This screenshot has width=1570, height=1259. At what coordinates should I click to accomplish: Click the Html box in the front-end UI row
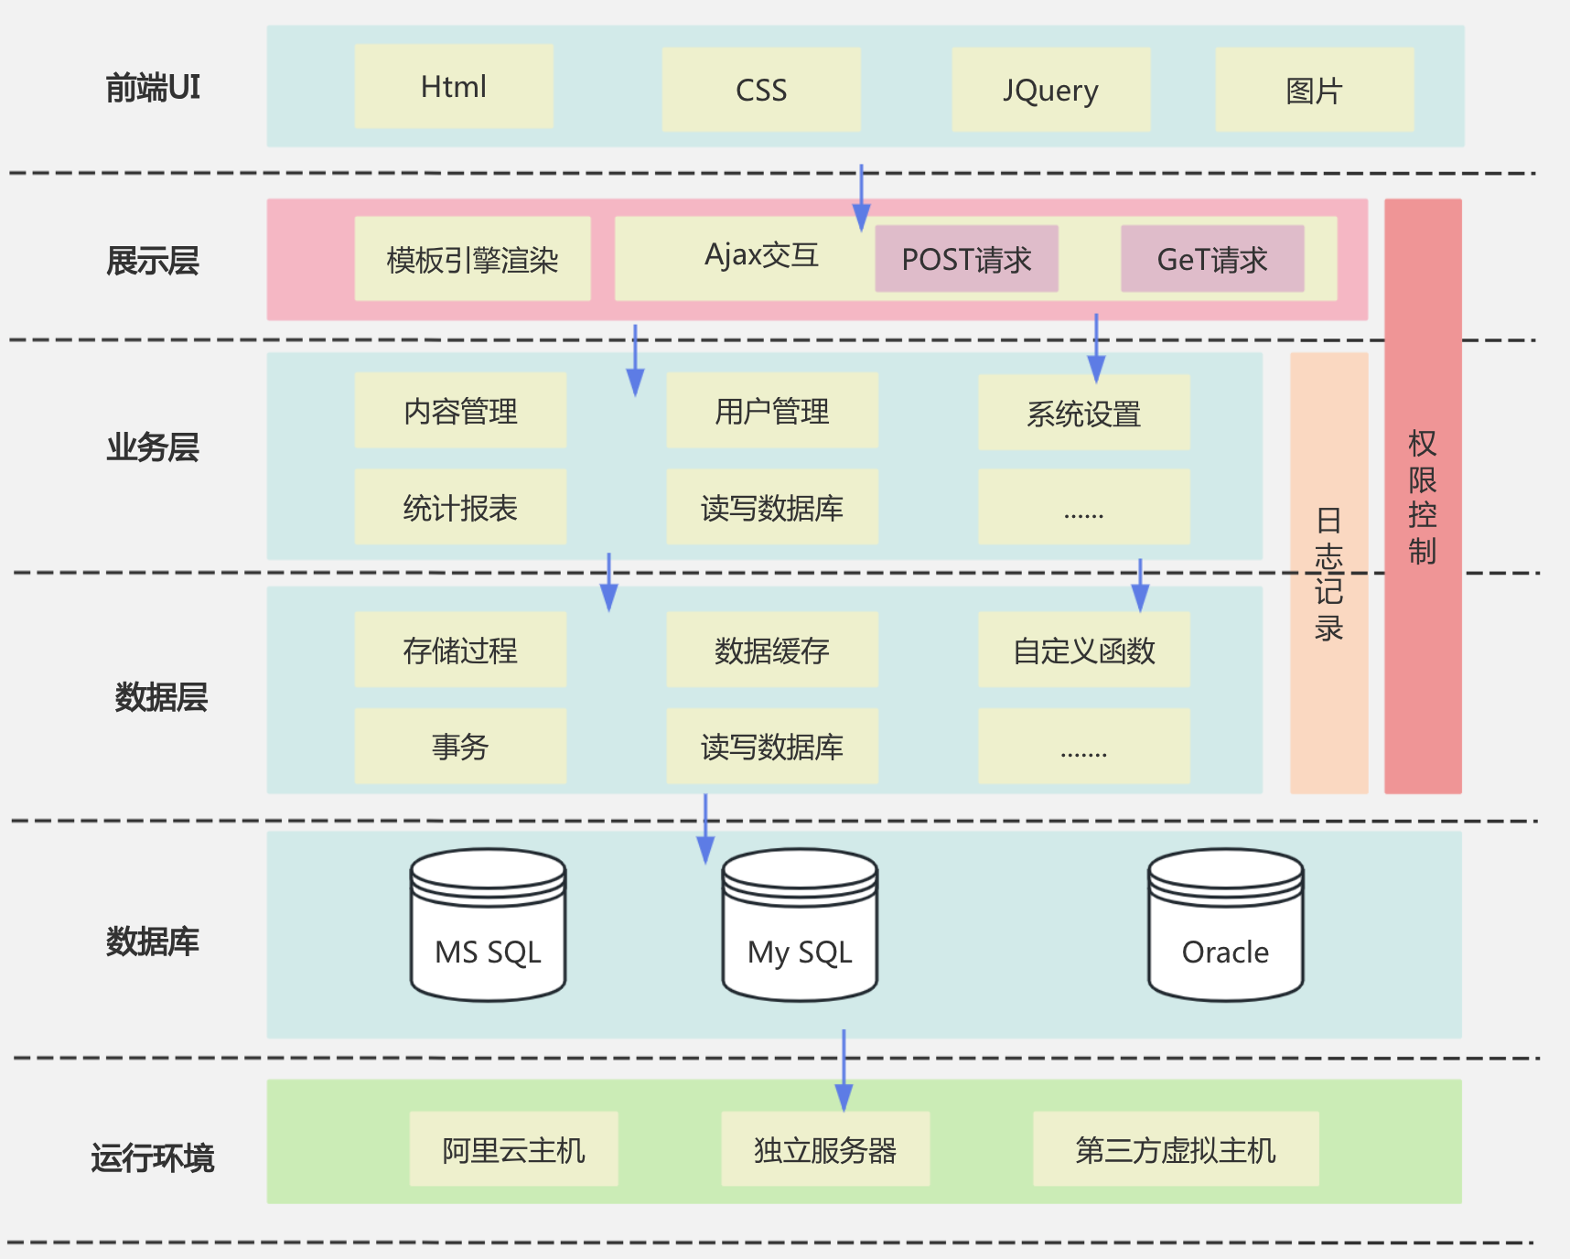454,87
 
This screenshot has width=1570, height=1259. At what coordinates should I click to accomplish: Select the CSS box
761,90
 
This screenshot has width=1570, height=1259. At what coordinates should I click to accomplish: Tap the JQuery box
1050,90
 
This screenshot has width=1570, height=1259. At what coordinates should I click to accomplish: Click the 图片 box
1314,90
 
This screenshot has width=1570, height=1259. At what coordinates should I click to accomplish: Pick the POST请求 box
966,259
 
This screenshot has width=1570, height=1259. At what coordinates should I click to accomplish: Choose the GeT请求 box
1212,259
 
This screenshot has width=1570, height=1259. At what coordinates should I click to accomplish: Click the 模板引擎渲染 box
472,259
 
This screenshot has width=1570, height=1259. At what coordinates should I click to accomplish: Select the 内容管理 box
460,411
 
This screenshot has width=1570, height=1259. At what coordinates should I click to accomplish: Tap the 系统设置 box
1083,413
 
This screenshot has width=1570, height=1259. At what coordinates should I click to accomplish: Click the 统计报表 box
460,507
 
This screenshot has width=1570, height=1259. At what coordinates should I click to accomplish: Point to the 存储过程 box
460,650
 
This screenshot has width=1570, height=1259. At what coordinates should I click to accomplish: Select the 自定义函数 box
1083,650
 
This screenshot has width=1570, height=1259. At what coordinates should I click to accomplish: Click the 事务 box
460,746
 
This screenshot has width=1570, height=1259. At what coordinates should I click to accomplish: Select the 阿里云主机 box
513,1149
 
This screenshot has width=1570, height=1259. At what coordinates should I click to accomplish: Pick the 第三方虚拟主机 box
1176,1149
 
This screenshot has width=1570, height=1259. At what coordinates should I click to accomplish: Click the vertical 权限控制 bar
1423,496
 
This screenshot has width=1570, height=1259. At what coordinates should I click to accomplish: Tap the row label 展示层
153,261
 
